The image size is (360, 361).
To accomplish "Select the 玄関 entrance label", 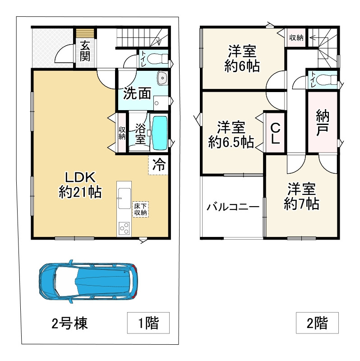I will pyautogui.click(x=85, y=50).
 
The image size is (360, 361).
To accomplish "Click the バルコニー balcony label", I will pyautogui.click(x=232, y=207).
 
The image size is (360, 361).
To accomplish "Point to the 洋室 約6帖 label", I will pyautogui.click(x=242, y=59).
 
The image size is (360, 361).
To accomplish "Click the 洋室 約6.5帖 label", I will pyautogui.click(x=231, y=135).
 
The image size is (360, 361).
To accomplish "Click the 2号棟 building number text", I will pyautogui.click(x=69, y=324).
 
